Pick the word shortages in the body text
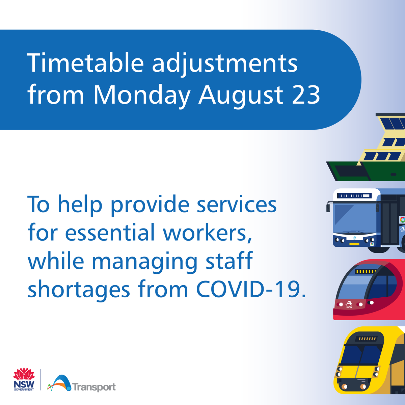tap(79, 291)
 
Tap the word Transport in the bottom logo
tap(94, 387)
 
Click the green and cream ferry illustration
tap(371, 155)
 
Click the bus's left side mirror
tap(328, 207)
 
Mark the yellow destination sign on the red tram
tap(365, 271)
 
